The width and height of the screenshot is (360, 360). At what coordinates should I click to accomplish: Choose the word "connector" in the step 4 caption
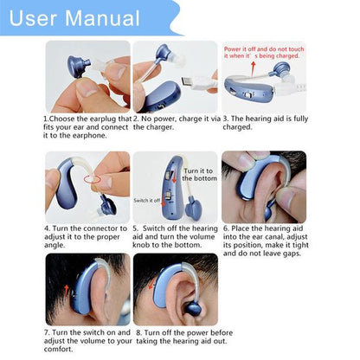pos(94,229)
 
